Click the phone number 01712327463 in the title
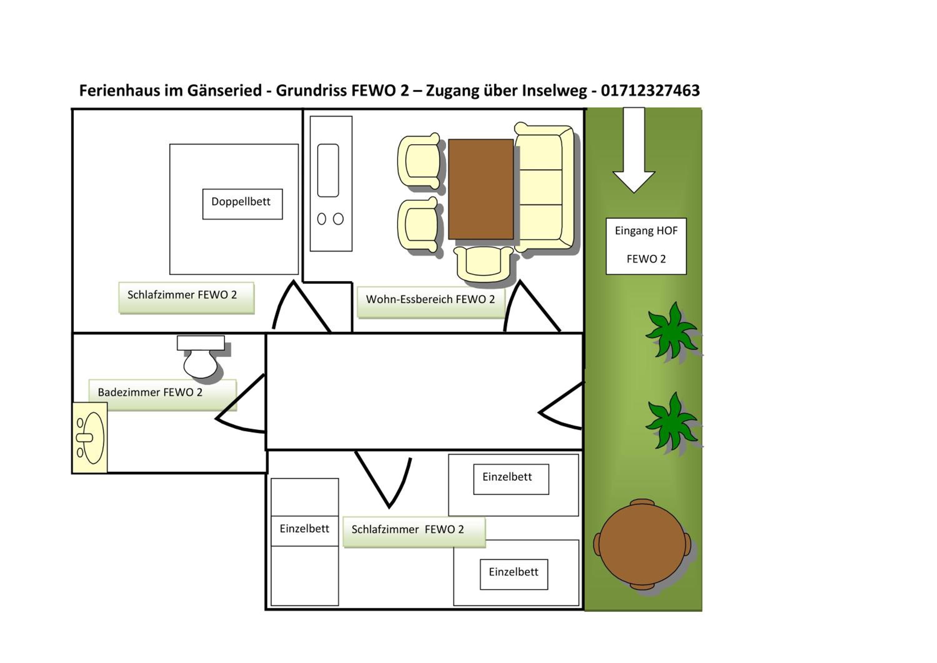[650, 90]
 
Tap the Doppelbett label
[242, 204]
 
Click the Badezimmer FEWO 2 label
[162, 395]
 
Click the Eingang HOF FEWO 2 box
[646, 246]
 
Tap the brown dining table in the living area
[481, 189]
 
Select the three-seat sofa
[544, 188]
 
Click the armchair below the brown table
[483, 264]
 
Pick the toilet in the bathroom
[201, 356]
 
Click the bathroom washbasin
[90, 438]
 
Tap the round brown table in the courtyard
[642, 544]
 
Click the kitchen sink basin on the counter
[328, 170]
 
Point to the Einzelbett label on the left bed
[305, 529]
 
